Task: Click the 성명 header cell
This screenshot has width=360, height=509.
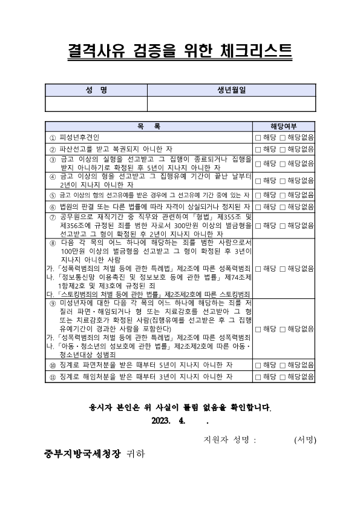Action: (96, 90)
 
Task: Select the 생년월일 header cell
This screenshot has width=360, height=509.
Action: (231, 90)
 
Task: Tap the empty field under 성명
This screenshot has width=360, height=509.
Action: (96, 103)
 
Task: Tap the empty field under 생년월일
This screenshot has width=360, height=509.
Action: (231, 103)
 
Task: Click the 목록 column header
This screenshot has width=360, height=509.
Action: (149, 127)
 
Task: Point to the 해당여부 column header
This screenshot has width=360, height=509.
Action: (283, 127)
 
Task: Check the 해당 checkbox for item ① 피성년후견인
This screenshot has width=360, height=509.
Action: (258, 138)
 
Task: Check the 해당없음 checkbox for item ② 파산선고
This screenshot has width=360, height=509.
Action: (282, 149)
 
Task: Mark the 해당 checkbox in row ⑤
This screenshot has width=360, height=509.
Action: (258, 195)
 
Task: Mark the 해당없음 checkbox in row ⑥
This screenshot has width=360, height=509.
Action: (282, 206)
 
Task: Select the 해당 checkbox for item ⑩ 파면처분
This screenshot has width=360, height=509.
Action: (258, 365)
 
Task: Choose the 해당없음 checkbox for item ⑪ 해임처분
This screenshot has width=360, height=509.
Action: (282, 376)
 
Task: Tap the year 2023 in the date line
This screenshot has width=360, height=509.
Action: (162, 421)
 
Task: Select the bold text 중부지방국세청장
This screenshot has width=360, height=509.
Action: (83, 453)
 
